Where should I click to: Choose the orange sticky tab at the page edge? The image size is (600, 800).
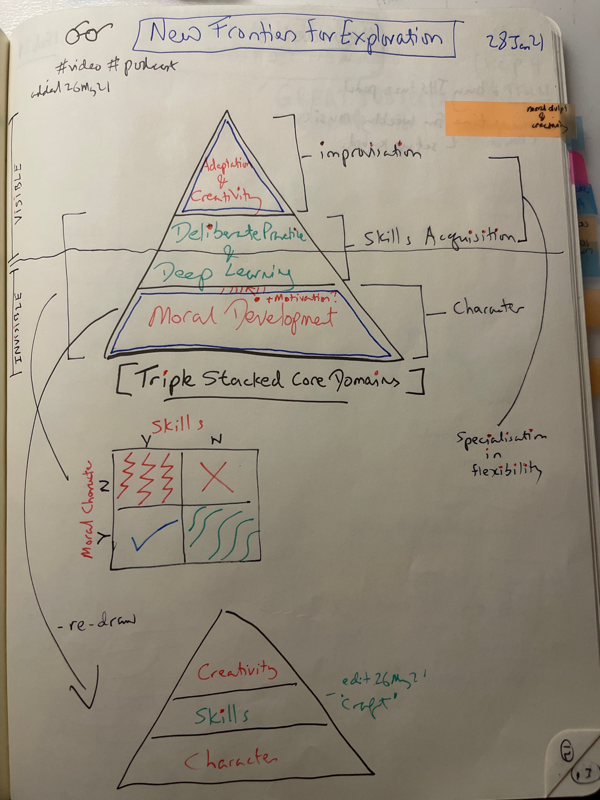(x=505, y=119)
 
